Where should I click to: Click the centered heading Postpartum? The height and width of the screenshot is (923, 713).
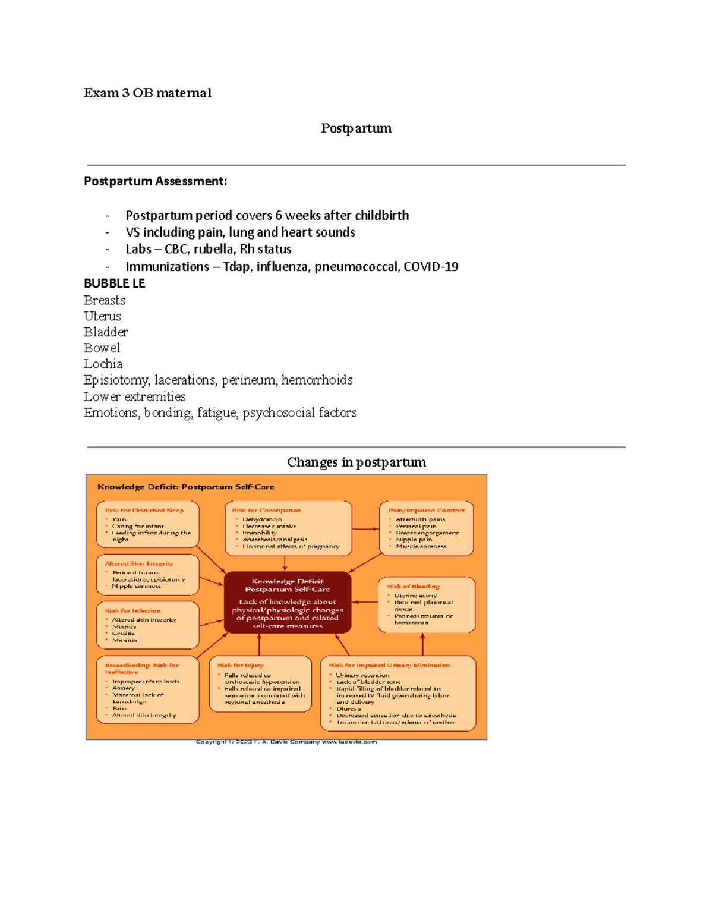point(356,128)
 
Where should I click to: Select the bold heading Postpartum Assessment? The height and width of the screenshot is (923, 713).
point(155,181)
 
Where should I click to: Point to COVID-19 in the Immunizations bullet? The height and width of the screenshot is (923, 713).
point(431,266)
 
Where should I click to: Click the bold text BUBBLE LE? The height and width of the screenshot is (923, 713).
point(115,283)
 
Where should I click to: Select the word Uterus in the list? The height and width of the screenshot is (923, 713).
point(102,316)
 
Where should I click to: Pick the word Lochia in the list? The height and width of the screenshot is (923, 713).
point(103,364)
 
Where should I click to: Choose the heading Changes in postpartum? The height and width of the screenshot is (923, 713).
point(356,462)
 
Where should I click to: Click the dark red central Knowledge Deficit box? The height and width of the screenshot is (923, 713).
point(288,602)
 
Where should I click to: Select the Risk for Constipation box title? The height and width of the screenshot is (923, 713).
point(266,510)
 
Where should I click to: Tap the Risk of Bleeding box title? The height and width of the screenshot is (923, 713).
point(414,586)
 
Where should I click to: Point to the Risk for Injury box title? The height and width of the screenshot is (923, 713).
point(241,665)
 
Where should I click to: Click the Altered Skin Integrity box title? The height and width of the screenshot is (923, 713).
point(139,563)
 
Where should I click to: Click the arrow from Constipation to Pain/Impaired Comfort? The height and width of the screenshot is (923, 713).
point(365,528)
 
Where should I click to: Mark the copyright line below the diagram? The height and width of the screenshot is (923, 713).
point(286,742)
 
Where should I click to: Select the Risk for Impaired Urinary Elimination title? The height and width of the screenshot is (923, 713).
point(389,665)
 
